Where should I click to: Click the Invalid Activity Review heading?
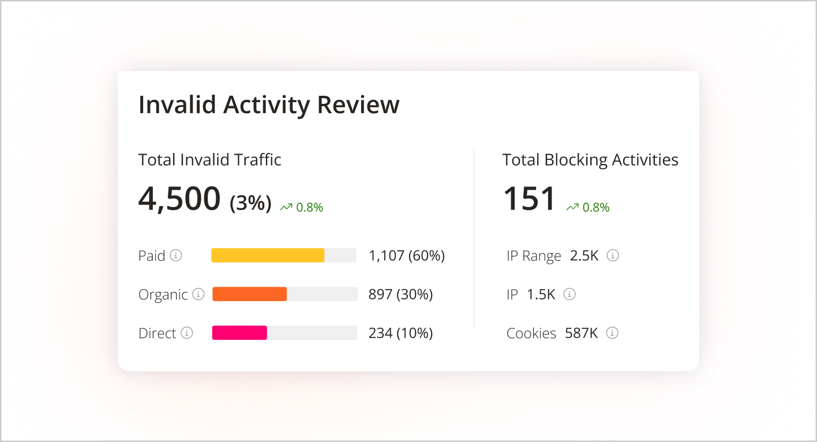pos(269,105)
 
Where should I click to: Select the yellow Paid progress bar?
pos(268,256)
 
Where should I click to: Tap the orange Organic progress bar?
pos(250,294)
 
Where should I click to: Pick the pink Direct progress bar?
pos(239,333)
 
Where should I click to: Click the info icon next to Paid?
pos(176,255)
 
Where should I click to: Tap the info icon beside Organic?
pos(198,294)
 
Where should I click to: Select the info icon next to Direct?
pos(186,333)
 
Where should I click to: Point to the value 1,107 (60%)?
pos(407,256)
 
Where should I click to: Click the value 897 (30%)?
pos(400,294)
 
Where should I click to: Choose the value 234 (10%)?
pos(400,333)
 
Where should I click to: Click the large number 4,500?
pos(179,198)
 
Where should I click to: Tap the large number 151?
pos(529,198)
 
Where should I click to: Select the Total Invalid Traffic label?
pos(210,160)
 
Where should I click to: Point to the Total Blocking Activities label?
pos(590,160)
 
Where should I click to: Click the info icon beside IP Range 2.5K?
pos(613,255)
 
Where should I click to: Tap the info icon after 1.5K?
pos(569,294)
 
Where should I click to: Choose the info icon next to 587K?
pos(612,333)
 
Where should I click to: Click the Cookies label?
pos(531,334)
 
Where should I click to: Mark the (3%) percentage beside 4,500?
pos(250,203)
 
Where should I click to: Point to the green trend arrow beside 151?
pos(572,207)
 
